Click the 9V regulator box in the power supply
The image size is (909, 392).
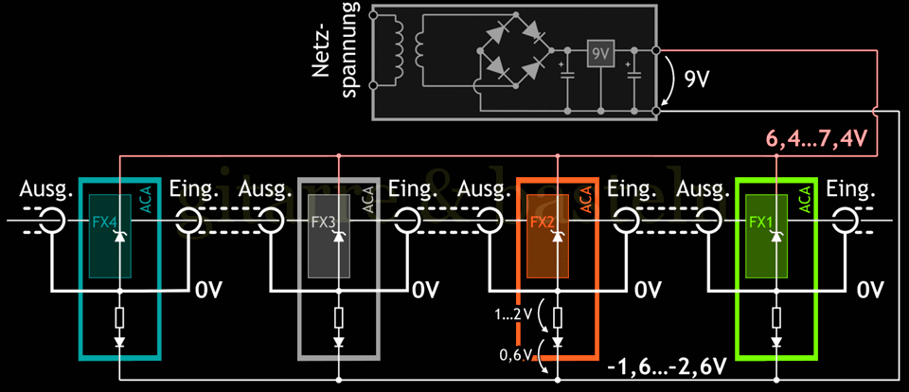point(599,54)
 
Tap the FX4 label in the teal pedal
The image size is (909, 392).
point(103,223)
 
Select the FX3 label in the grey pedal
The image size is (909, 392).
point(324,223)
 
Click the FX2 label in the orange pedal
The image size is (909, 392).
point(543,223)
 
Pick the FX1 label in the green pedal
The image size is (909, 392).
point(761,223)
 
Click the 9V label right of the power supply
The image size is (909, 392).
point(697,79)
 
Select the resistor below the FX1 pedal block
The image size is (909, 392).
point(776,316)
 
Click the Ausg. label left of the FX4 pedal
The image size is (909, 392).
point(45,191)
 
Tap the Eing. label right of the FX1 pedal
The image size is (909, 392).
point(847,191)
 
